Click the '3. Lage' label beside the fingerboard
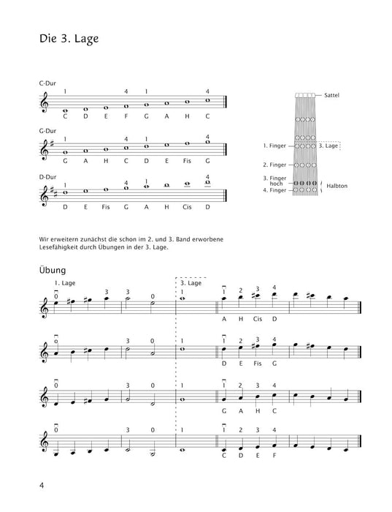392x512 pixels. [329, 146]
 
